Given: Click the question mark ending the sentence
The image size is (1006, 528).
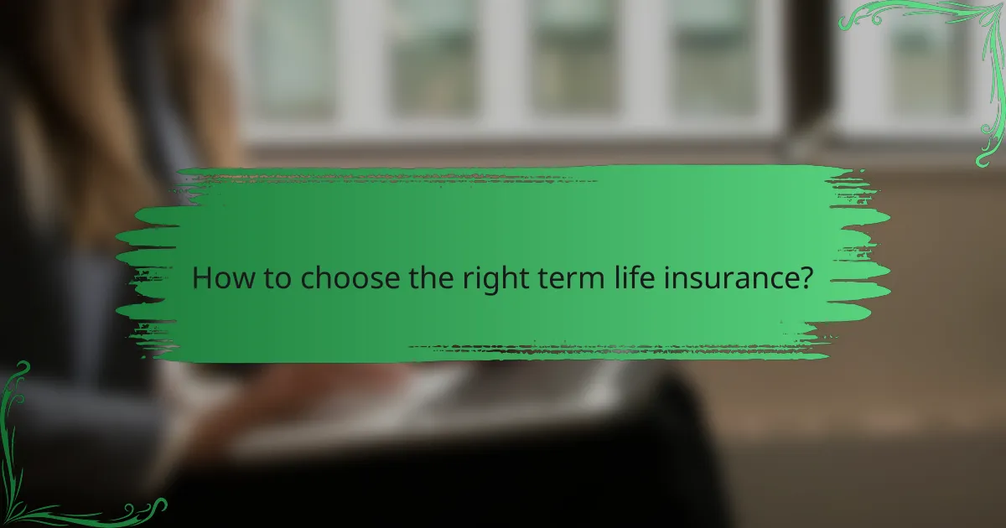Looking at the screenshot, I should [806, 278].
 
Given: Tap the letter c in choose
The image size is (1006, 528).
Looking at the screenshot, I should [309, 281].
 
